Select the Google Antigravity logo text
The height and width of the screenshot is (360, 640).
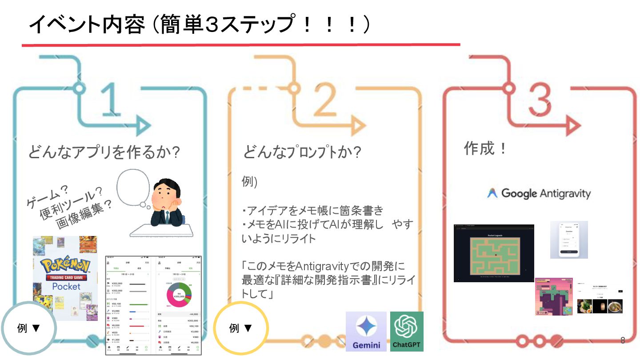click(539, 194)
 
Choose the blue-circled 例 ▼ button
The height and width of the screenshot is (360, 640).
click(29, 328)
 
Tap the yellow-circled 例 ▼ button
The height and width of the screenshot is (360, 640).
click(241, 328)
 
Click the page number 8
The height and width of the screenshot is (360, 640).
click(623, 341)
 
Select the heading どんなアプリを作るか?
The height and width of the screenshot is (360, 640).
click(104, 152)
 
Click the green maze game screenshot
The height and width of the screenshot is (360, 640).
click(494, 253)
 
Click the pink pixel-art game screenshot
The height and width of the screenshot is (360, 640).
click(554, 297)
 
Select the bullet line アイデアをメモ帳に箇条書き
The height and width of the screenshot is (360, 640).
click(312, 211)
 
